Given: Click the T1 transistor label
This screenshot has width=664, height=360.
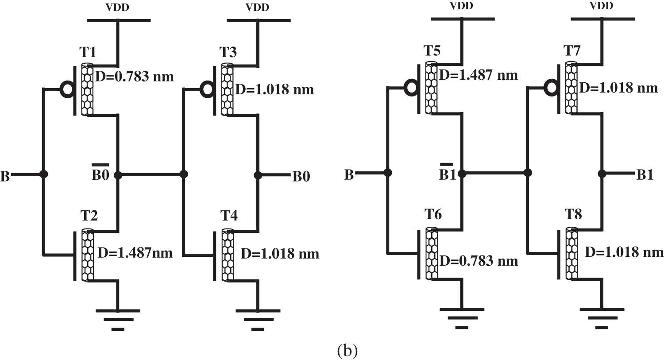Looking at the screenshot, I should coord(88,53).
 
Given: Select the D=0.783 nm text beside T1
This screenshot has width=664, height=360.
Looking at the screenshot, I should coord(135,77).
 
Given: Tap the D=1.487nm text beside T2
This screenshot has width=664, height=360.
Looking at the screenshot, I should coord(135,253).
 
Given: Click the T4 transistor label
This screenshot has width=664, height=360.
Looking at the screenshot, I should coord(229,216).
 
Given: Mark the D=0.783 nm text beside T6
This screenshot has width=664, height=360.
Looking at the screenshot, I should coord(479,260).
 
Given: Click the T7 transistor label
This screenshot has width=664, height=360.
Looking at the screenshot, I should coord(572,51).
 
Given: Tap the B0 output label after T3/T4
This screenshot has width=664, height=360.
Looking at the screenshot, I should coord(301,177).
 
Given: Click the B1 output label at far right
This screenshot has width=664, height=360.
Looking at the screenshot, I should coord(645,175).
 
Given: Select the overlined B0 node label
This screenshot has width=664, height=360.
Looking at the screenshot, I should coord(100,174).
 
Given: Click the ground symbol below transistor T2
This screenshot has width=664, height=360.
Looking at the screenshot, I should coord(118,319).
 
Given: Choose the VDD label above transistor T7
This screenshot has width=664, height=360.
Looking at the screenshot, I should coord(602,6).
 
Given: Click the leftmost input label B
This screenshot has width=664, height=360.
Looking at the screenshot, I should coord(5,177).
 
